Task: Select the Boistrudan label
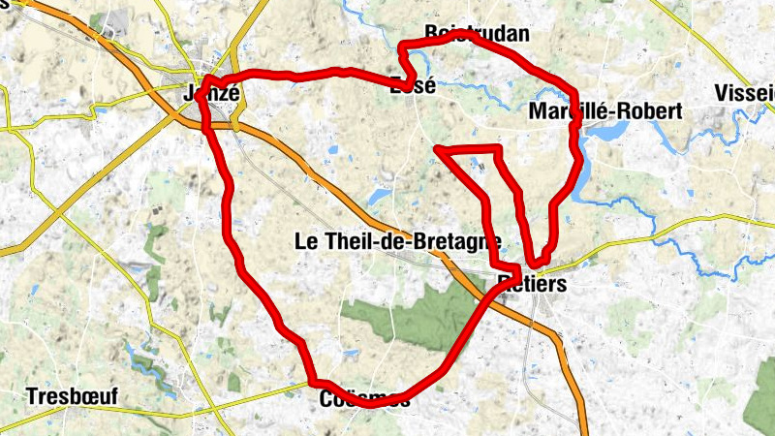478,35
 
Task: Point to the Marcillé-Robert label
605,111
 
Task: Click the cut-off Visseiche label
745,93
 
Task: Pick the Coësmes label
363,398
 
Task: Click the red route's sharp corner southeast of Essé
439,149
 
